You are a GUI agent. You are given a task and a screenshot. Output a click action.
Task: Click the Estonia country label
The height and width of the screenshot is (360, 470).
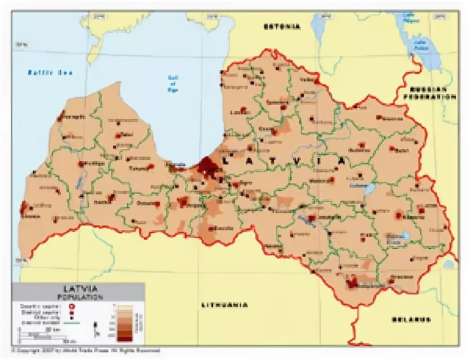[x=282, y=27]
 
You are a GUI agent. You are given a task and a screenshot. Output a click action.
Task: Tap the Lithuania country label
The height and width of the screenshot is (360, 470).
[x=225, y=305]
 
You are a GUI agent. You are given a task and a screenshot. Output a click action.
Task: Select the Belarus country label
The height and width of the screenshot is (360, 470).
[x=411, y=319]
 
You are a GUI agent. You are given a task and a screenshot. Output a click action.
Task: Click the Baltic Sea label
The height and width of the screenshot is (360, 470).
[x=50, y=72]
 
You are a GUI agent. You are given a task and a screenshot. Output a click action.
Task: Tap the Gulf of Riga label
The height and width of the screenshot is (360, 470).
[x=173, y=83]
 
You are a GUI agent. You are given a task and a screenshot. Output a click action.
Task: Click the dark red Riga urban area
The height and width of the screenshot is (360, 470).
[x=208, y=166]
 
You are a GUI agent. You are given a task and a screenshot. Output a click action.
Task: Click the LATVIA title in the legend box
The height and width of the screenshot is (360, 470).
[x=79, y=288]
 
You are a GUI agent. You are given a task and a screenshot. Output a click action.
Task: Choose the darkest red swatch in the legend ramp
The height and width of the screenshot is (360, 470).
[x=125, y=338]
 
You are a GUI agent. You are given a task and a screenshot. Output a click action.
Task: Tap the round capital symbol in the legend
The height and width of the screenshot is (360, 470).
[x=72, y=306]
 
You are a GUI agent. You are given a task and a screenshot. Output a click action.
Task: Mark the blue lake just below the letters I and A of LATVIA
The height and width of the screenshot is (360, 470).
[x=369, y=190]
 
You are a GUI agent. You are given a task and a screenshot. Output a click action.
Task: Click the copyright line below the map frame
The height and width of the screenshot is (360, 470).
[x=85, y=351]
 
